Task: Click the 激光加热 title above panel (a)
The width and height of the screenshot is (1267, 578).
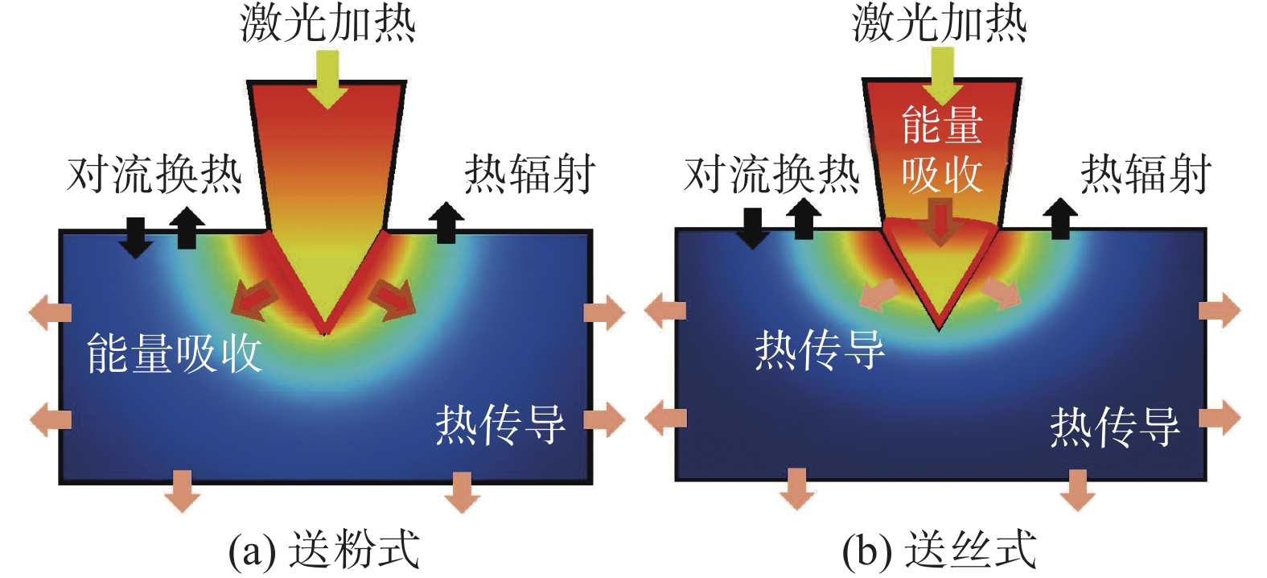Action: point(327,23)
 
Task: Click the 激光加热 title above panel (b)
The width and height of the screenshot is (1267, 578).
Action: point(940,23)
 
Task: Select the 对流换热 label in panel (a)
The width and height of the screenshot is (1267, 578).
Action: point(154,174)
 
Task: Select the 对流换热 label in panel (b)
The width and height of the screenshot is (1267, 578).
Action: point(771,174)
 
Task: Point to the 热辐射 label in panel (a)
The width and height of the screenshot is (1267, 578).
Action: point(529,174)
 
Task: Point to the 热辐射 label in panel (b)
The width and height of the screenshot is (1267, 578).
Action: point(1146,174)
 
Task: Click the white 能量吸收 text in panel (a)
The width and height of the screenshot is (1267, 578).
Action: point(175,353)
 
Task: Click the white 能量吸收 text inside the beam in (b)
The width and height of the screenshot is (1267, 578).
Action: point(942,150)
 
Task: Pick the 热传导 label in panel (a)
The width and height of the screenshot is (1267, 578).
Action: point(500,424)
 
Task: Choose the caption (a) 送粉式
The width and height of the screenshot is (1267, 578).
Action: point(323,551)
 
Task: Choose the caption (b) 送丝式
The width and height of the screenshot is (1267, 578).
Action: point(939,551)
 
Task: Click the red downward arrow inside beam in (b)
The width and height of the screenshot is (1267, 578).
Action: point(940,222)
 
